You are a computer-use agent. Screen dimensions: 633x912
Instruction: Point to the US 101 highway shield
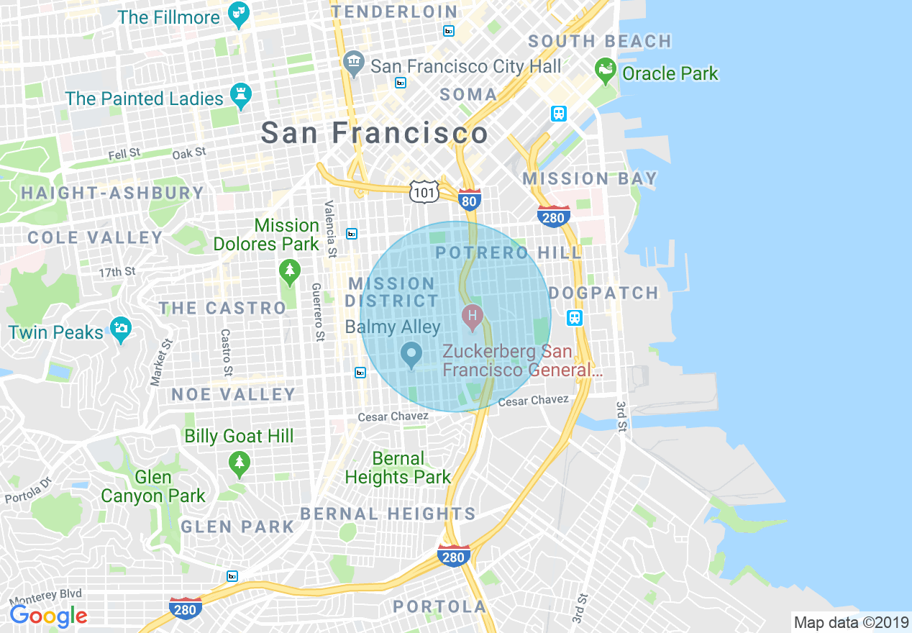424,191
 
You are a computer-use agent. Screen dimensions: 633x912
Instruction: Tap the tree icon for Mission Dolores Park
289,271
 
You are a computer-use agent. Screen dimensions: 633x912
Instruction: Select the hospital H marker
472,315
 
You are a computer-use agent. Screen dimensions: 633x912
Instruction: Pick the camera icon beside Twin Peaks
121,329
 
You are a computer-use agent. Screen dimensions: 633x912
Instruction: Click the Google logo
48,616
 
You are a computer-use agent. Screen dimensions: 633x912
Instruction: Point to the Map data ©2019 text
849,621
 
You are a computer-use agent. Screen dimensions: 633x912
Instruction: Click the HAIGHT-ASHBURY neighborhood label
113,193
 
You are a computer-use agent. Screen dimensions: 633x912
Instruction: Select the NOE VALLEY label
234,394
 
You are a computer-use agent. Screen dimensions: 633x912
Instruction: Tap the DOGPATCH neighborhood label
603,293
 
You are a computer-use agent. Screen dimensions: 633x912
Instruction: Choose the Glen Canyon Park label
153,487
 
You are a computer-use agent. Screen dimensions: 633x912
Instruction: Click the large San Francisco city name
374,133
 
